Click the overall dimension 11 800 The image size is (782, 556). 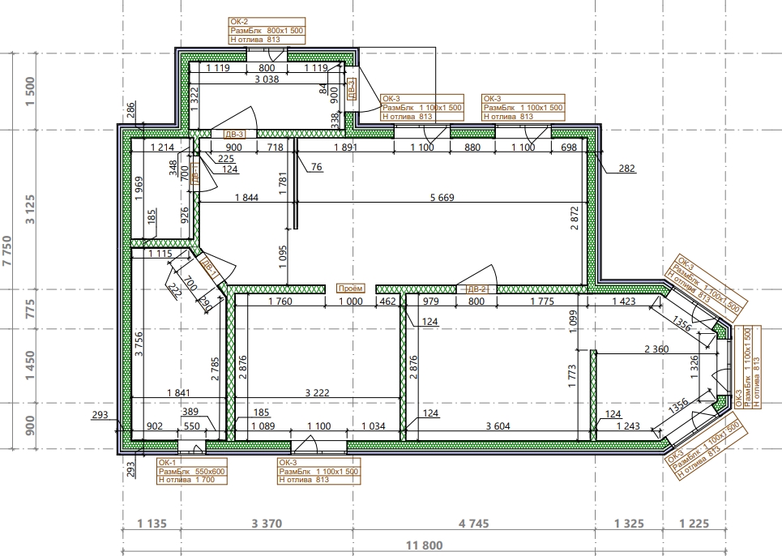click(x=425, y=545)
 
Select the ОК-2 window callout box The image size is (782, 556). click(x=267, y=31)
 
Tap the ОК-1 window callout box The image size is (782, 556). click(x=192, y=471)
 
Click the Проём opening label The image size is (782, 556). click(x=351, y=289)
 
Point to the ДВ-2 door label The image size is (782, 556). click(x=476, y=289)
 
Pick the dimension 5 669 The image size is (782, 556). click(x=442, y=198)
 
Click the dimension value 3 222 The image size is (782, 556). click(x=317, y=393)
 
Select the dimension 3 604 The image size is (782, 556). click(x=498, y=426)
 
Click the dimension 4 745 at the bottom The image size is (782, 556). click(x=474, y=524)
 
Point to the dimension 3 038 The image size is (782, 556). click(x=267, y=79)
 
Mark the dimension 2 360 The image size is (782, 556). click(x=656, y=349)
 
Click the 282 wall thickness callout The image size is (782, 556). click(x=627, y=168)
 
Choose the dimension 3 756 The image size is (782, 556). click(x=139, y=344)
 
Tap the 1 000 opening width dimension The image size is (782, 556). click(x=351, y=302)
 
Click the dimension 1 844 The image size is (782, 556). click(x=246, y=198)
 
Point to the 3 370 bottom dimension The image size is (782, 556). click(x=267, y=524)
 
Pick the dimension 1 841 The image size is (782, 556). click(x=178, y=393)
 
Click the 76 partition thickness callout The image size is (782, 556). click(x=316, y=166)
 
